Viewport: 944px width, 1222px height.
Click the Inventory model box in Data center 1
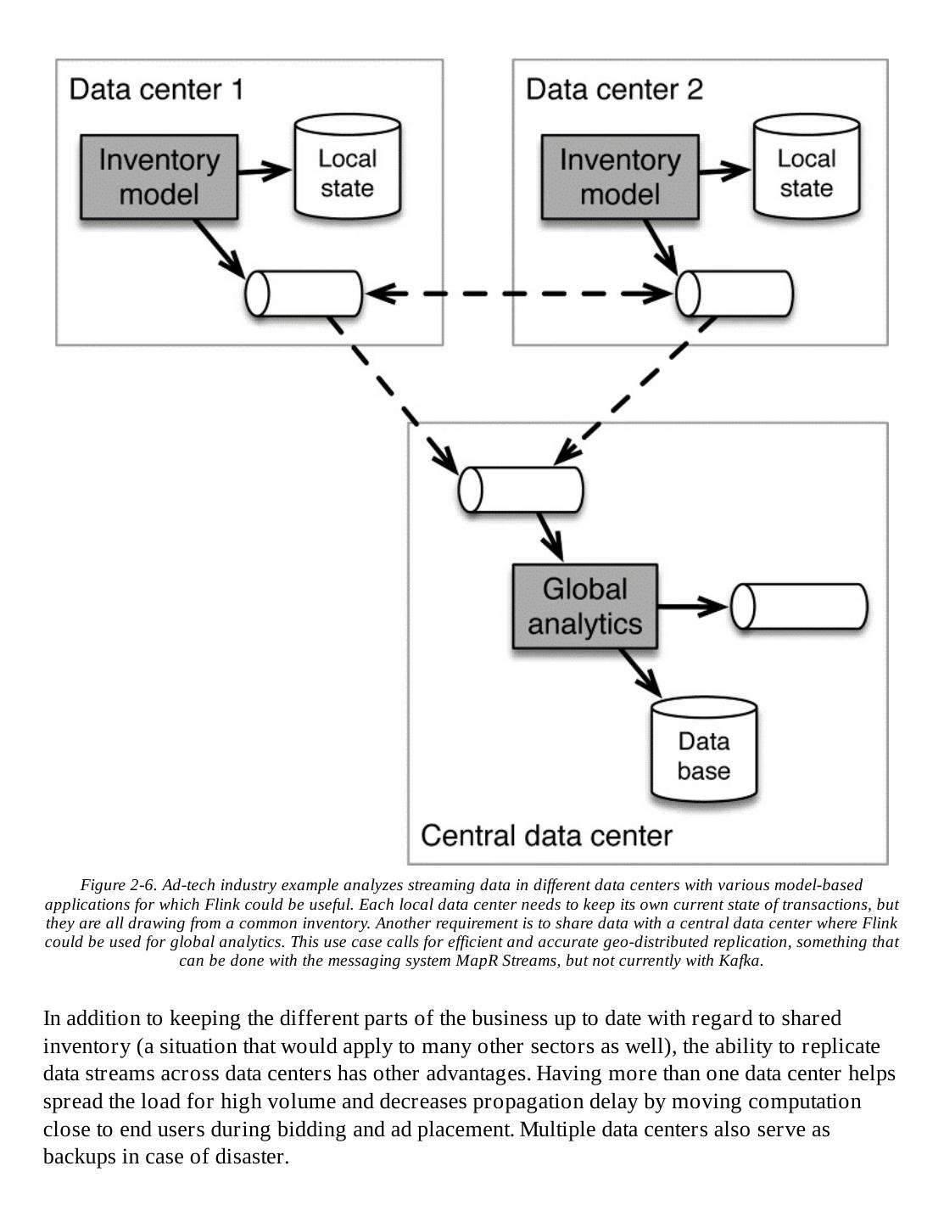pos(159,177)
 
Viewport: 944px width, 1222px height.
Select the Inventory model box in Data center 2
pos(620,177)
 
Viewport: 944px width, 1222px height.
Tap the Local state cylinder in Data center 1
pos(347,167)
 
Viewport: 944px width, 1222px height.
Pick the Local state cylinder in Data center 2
pos(806,167)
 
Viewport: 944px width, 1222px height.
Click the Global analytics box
pos(584,606)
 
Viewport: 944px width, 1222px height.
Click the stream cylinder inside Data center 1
pos(304,294)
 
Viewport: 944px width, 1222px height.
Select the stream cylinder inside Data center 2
pos(735,294)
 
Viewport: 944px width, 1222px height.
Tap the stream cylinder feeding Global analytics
pos(521,490)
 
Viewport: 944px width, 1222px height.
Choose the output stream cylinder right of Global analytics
pos(799,606)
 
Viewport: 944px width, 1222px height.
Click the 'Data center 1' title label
pos(156,89)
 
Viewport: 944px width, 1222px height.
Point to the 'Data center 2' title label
pos(614,89)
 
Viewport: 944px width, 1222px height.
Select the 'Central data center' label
pos(546,836)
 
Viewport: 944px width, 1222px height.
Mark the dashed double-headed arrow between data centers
pos(519,294)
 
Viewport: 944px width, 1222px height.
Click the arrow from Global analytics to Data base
pos(640,670)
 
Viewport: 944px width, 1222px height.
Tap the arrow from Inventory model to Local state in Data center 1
pos(265,171)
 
